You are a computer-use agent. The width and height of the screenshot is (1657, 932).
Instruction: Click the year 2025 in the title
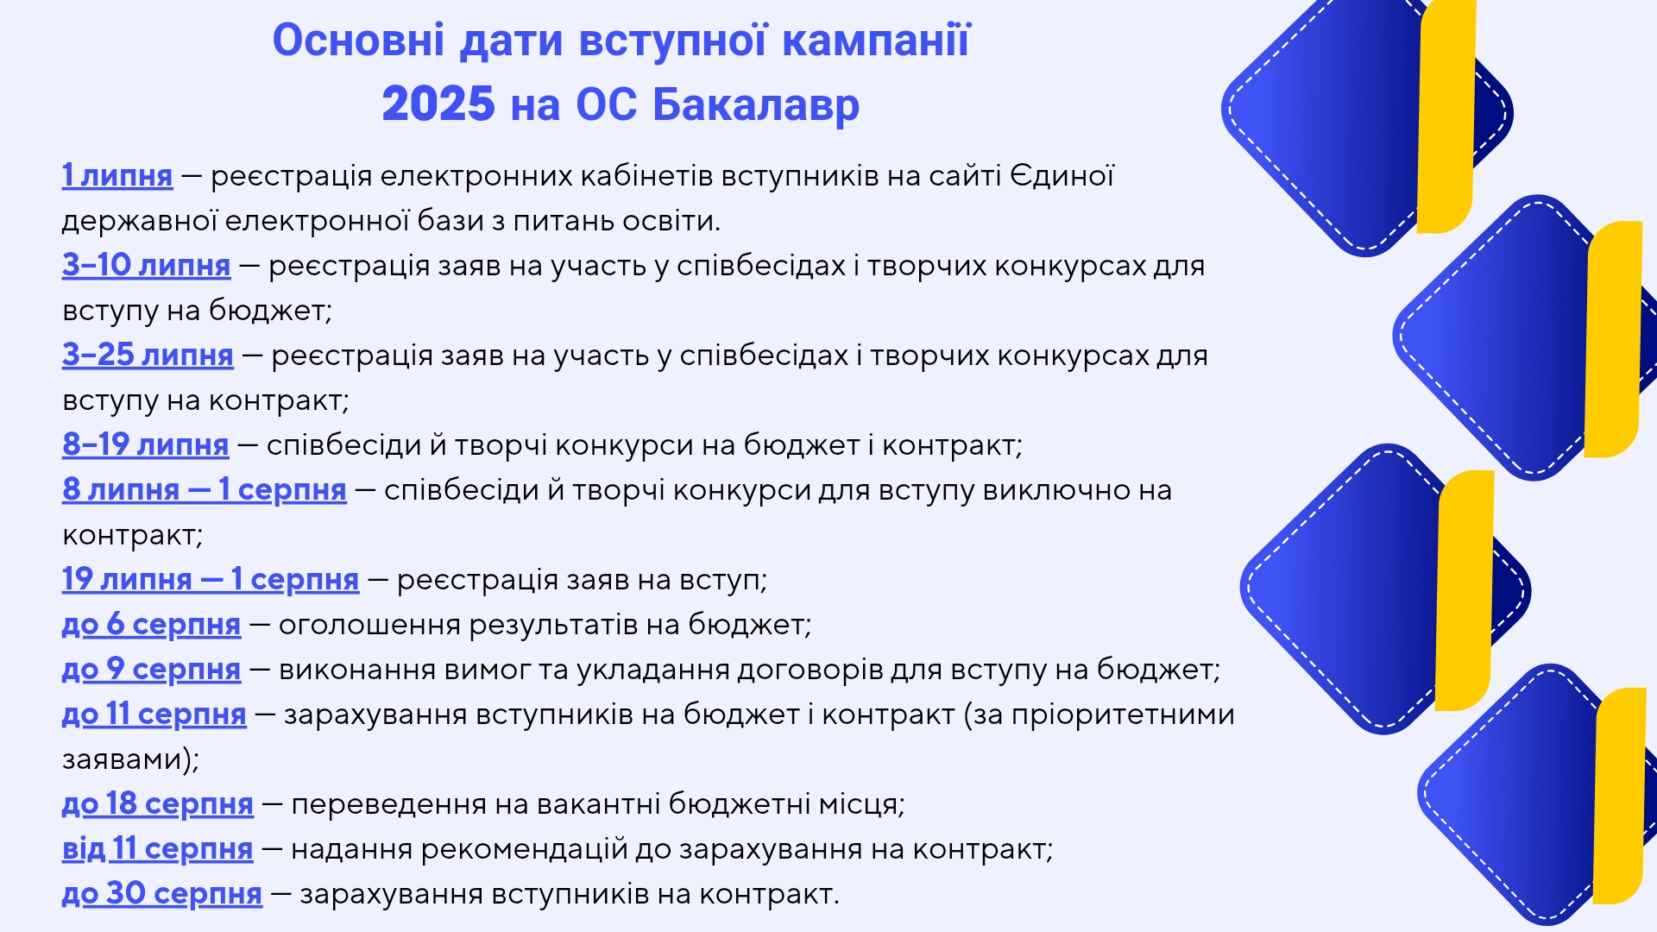pyautogui.click(x=438, y=104)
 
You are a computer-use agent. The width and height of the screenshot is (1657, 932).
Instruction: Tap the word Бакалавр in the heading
pyautogui.click(x=756, y=104)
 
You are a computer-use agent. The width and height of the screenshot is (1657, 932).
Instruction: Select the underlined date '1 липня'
pyautogui.click(x=117, y=175)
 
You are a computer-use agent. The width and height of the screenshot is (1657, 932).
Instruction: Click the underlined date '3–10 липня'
pyautogui.click(x=147, y=265)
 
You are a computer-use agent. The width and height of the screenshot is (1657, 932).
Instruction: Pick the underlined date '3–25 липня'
pyautogui.click(x=148, y=355)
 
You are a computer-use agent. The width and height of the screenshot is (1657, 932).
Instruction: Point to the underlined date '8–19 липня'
pyautogui.click(x=146, y=444)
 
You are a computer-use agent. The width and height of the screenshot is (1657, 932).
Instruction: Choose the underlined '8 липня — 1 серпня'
pyautogui.click(x=205, y=489)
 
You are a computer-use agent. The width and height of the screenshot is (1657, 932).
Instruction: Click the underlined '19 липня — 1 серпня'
pyautogui.click(x=211, y=579)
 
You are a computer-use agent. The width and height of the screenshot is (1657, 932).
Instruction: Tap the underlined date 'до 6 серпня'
pyautogui.click(x=151, y=624)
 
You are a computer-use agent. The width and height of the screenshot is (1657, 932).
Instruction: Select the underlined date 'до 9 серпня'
pyautogui.click(x=151, y=669)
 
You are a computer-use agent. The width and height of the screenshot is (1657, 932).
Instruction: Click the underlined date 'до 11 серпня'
pyautogui.click(x=154, y=714)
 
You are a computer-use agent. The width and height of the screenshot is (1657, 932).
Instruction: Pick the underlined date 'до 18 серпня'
pyautogui.click(x=158, y=803)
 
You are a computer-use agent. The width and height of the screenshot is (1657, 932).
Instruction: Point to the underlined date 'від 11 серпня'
pyautogui.click(x=158, y=848)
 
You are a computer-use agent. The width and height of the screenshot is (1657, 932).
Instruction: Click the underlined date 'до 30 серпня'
pyautogui.click(x=162, y=893)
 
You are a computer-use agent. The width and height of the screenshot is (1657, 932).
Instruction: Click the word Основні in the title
pyautogui.click(x=359, y=41)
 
